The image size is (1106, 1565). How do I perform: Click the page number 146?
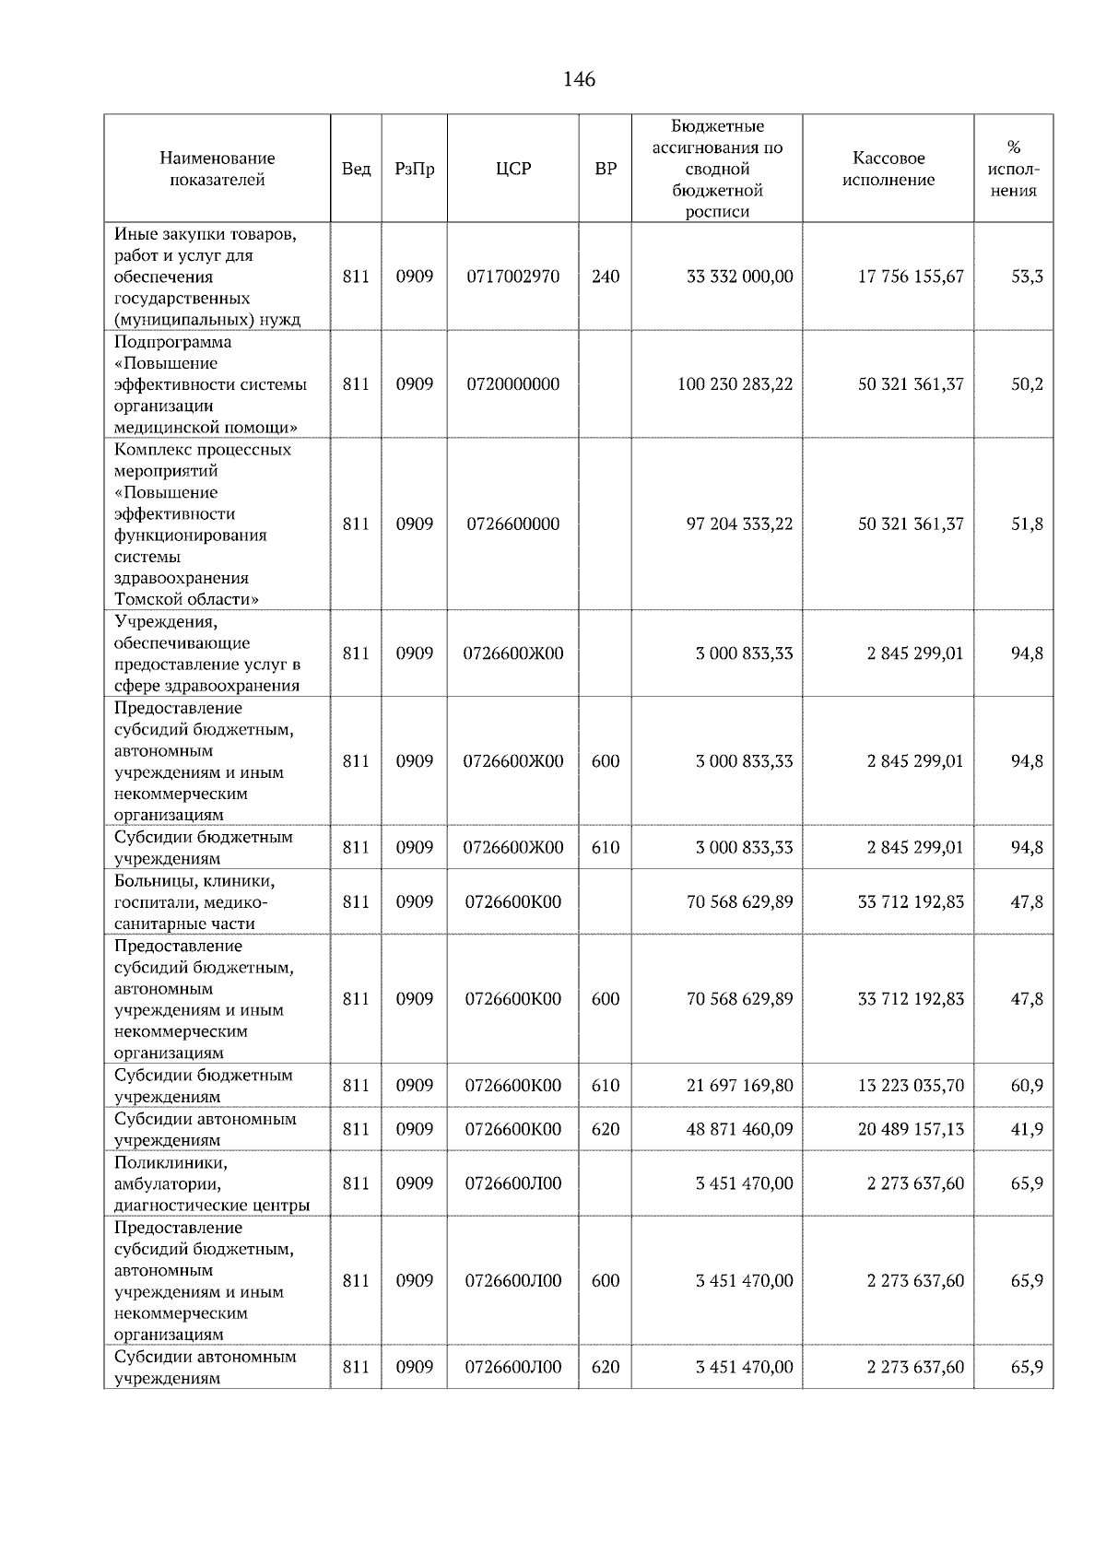coord(579,79)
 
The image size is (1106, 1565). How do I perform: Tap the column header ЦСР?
coord(513,169)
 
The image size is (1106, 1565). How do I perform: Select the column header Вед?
coord(356,169)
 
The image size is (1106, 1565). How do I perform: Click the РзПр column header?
coord(414,169)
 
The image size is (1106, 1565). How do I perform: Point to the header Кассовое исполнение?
coord(888,169)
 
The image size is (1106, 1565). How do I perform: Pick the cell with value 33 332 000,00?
coord(739,277)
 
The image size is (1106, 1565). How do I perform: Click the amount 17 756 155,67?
coord(911,277)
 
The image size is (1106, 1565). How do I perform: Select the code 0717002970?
coord(513,277)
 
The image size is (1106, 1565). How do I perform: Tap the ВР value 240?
coord(606,277)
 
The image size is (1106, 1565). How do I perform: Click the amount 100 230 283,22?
coord(735,384)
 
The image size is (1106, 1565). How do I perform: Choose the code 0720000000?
coord(513,384)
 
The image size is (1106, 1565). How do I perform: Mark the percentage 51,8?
coord(1027,524)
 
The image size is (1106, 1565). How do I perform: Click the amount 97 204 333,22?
coord(739,524)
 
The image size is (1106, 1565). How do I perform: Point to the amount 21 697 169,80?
coord(739,1086)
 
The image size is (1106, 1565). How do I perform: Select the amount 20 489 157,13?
coord(911,1129)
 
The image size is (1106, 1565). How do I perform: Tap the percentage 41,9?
coord(1027,1129)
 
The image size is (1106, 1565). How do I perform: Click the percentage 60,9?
coord(1027,1086)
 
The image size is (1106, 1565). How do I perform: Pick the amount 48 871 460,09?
coord(739,1129)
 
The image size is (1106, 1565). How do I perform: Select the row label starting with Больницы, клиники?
coord(194,901)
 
